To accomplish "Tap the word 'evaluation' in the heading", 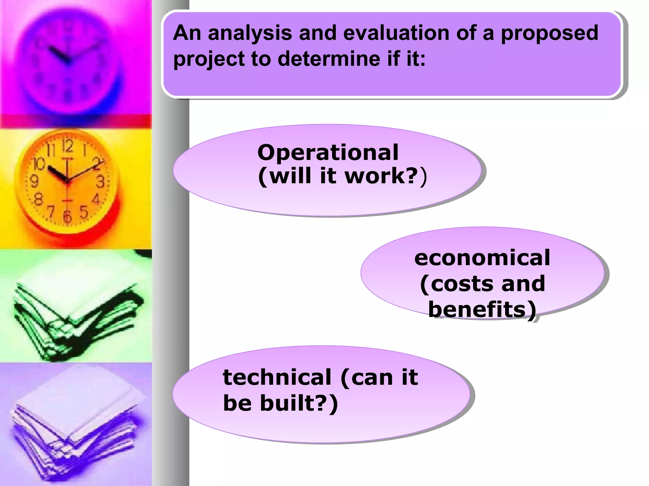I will pos(396,33).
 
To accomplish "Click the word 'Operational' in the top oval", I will pos(328,152).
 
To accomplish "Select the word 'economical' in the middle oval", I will pos(482,258).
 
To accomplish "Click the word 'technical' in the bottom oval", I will pos(277,377).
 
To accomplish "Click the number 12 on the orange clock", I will pos(67,146).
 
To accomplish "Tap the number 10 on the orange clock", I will pos(39,164).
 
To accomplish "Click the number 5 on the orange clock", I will pos(84,212).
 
